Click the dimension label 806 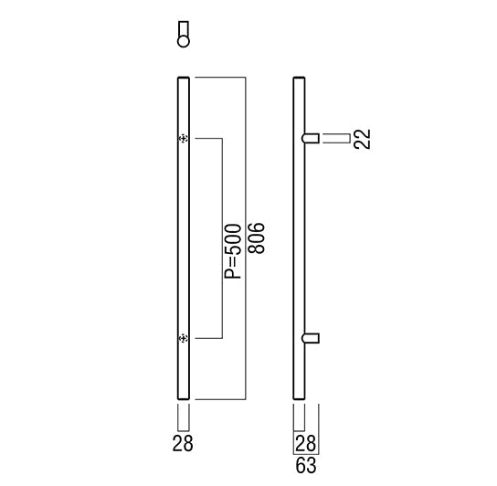(x=256, y=238)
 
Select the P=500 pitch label (x=233, y=251)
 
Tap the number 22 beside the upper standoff (x=363, y=139)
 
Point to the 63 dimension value (x=306, y=465)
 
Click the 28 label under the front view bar (x=183, y=443)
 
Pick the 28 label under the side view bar (x=305, y=443)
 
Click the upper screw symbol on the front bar (x=184, y=139)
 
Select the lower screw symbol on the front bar (x=184, y=339)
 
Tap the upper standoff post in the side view (x=311, y=139)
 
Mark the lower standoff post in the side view (x=311, y=338)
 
